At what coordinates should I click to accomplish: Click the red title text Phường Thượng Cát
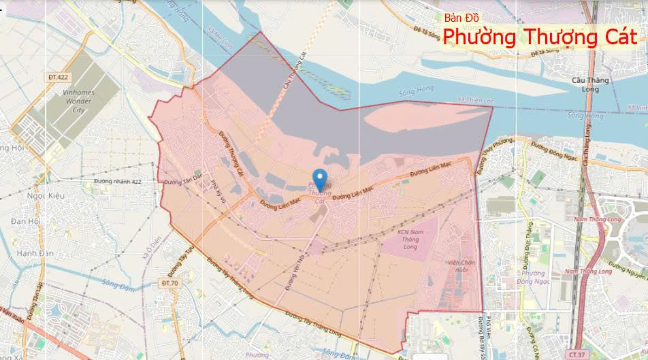pos(540,37)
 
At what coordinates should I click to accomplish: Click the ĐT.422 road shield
pos(59,78)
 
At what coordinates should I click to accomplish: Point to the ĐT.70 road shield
pos(170,282)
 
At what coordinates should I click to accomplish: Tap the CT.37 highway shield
pos(577,355)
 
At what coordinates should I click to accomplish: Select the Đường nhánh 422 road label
pos(118,182)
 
